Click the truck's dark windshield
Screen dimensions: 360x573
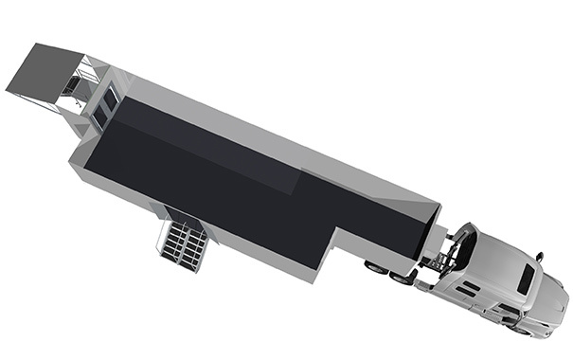pos(526,278)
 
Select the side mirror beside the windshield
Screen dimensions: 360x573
pos(539,256)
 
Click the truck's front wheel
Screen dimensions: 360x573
pos(519,328)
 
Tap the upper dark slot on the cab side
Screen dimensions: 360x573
pos(470,284)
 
